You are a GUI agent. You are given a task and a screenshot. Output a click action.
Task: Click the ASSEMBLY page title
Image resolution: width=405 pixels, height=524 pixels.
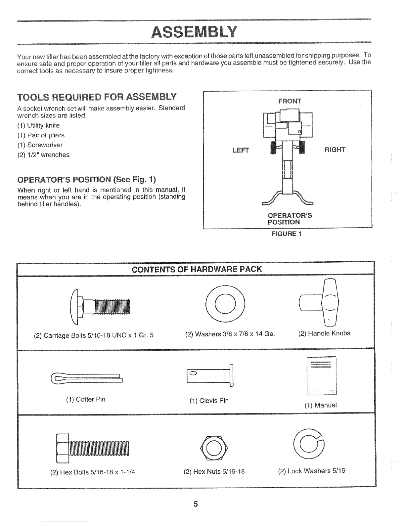pyautogui.click(x=194, y=32)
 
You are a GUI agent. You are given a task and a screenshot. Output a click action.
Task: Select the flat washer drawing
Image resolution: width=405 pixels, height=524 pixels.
pyautogui.click(x=226, y=303)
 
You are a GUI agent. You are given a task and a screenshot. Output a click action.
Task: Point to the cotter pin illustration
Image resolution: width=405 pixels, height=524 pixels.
pyautogui.click(x=86, y=378)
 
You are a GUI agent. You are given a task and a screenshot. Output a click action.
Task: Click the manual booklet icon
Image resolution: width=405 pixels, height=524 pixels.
pyautogui.click(x=321, y=376)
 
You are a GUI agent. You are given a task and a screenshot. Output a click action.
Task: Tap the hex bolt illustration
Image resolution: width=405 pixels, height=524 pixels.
pyautogui.click(x=92, y=448)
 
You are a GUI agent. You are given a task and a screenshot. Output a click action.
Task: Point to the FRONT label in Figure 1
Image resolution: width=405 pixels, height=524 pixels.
pyautogui.click(x=290, y=101)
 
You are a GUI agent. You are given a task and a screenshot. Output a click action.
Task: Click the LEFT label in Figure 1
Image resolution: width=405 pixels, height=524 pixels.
pyautogui.click(x=241, y=151)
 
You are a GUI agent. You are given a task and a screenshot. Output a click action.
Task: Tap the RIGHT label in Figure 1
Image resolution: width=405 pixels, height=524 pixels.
pyautogui.click(x=335, y=150)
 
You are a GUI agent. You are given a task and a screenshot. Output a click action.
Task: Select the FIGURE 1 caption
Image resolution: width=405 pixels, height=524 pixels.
pyautogui.click(x=287, y=234)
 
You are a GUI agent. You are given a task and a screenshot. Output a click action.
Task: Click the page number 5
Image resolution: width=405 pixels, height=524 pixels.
pyautogui.click(x=196, y=504)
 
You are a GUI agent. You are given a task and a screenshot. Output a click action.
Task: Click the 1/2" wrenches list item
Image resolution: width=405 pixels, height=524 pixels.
pyautogui.click(x=43, y=155)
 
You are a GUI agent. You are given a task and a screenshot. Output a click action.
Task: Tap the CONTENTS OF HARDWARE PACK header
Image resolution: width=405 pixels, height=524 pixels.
pyautogui.click(x=197, y=269)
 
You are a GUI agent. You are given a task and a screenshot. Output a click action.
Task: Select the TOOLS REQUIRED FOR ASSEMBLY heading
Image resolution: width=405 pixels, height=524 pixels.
pyautogui.click(x=97, y=97)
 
